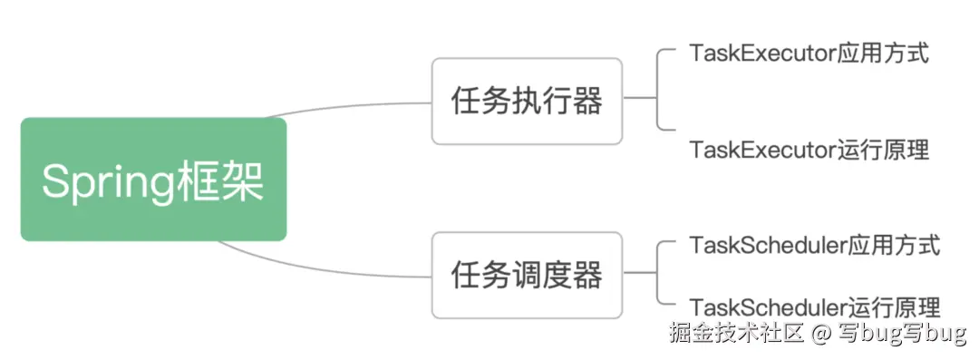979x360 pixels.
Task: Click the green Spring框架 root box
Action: pos(153,179)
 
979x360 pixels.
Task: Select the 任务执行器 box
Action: pos(527,101)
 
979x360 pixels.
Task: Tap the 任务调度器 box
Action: pos(527,275)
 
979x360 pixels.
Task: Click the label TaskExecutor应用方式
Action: pos(809,53)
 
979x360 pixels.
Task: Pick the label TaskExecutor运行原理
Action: pos(809,150)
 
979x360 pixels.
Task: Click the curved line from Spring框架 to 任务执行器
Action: pos(354,106)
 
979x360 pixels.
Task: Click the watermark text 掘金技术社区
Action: pos(736,334)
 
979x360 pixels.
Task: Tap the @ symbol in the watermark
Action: pos(821,335)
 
